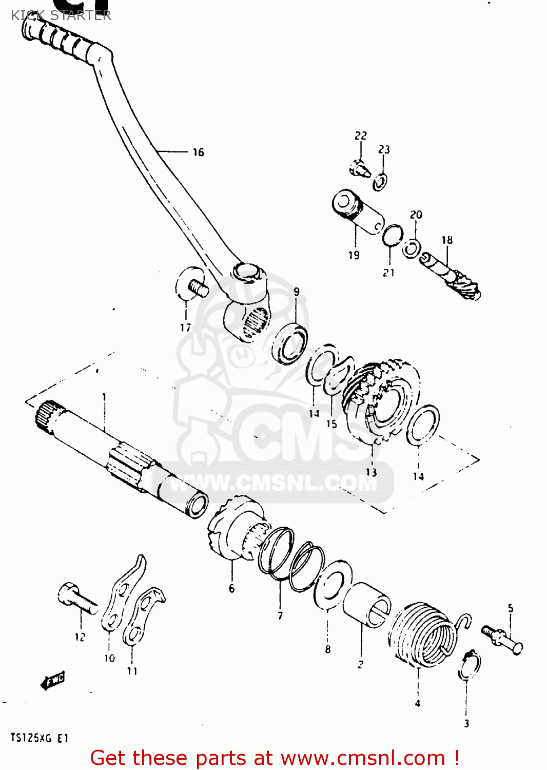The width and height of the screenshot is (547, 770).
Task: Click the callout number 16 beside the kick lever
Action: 198,152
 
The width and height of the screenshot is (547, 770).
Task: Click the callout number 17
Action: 185,328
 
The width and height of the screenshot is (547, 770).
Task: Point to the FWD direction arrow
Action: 53,680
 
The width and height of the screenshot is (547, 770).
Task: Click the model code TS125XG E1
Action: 39,739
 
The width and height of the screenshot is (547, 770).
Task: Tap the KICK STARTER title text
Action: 61,15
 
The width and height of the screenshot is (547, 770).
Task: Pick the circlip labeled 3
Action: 470,666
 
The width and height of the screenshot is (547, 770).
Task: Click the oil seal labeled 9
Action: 290,343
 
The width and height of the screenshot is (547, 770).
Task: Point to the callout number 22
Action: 361,136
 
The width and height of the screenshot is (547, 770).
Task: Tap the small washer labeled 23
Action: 380,182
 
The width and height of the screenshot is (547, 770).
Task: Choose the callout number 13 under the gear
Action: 371,472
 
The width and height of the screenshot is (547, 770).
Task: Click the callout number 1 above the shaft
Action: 104,397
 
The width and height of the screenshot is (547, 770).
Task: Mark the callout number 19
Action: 354,255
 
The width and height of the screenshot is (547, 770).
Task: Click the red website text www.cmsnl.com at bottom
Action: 363,758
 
